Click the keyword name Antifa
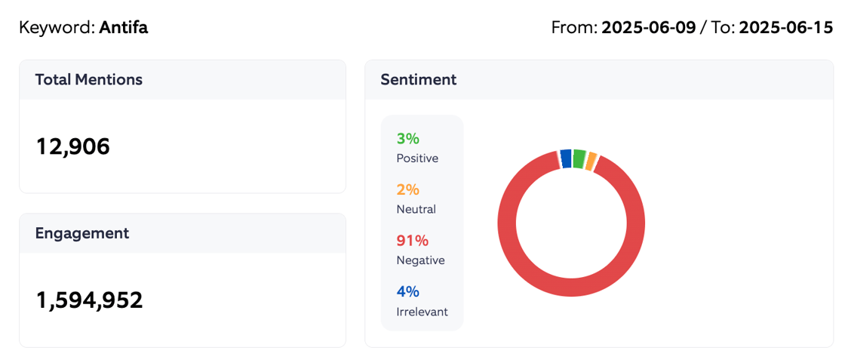point(124,28)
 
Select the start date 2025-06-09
point(648,28)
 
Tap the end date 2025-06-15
point(785,28)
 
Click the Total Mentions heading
point(88,79)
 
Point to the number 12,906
point(73,146)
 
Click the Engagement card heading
point(81,233)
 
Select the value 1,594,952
point(89,300)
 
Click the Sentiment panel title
point(418,79)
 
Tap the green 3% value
point(407,139)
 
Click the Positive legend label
point(416,158)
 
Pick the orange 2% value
point(407,189)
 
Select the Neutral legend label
point(416,209)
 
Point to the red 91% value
point(412,241)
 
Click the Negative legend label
point(420,260)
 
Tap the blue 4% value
point(407,291)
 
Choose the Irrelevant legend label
point(422,311)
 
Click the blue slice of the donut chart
point(566,158)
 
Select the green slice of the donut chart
point(579,158)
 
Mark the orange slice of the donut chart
point(591,162)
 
